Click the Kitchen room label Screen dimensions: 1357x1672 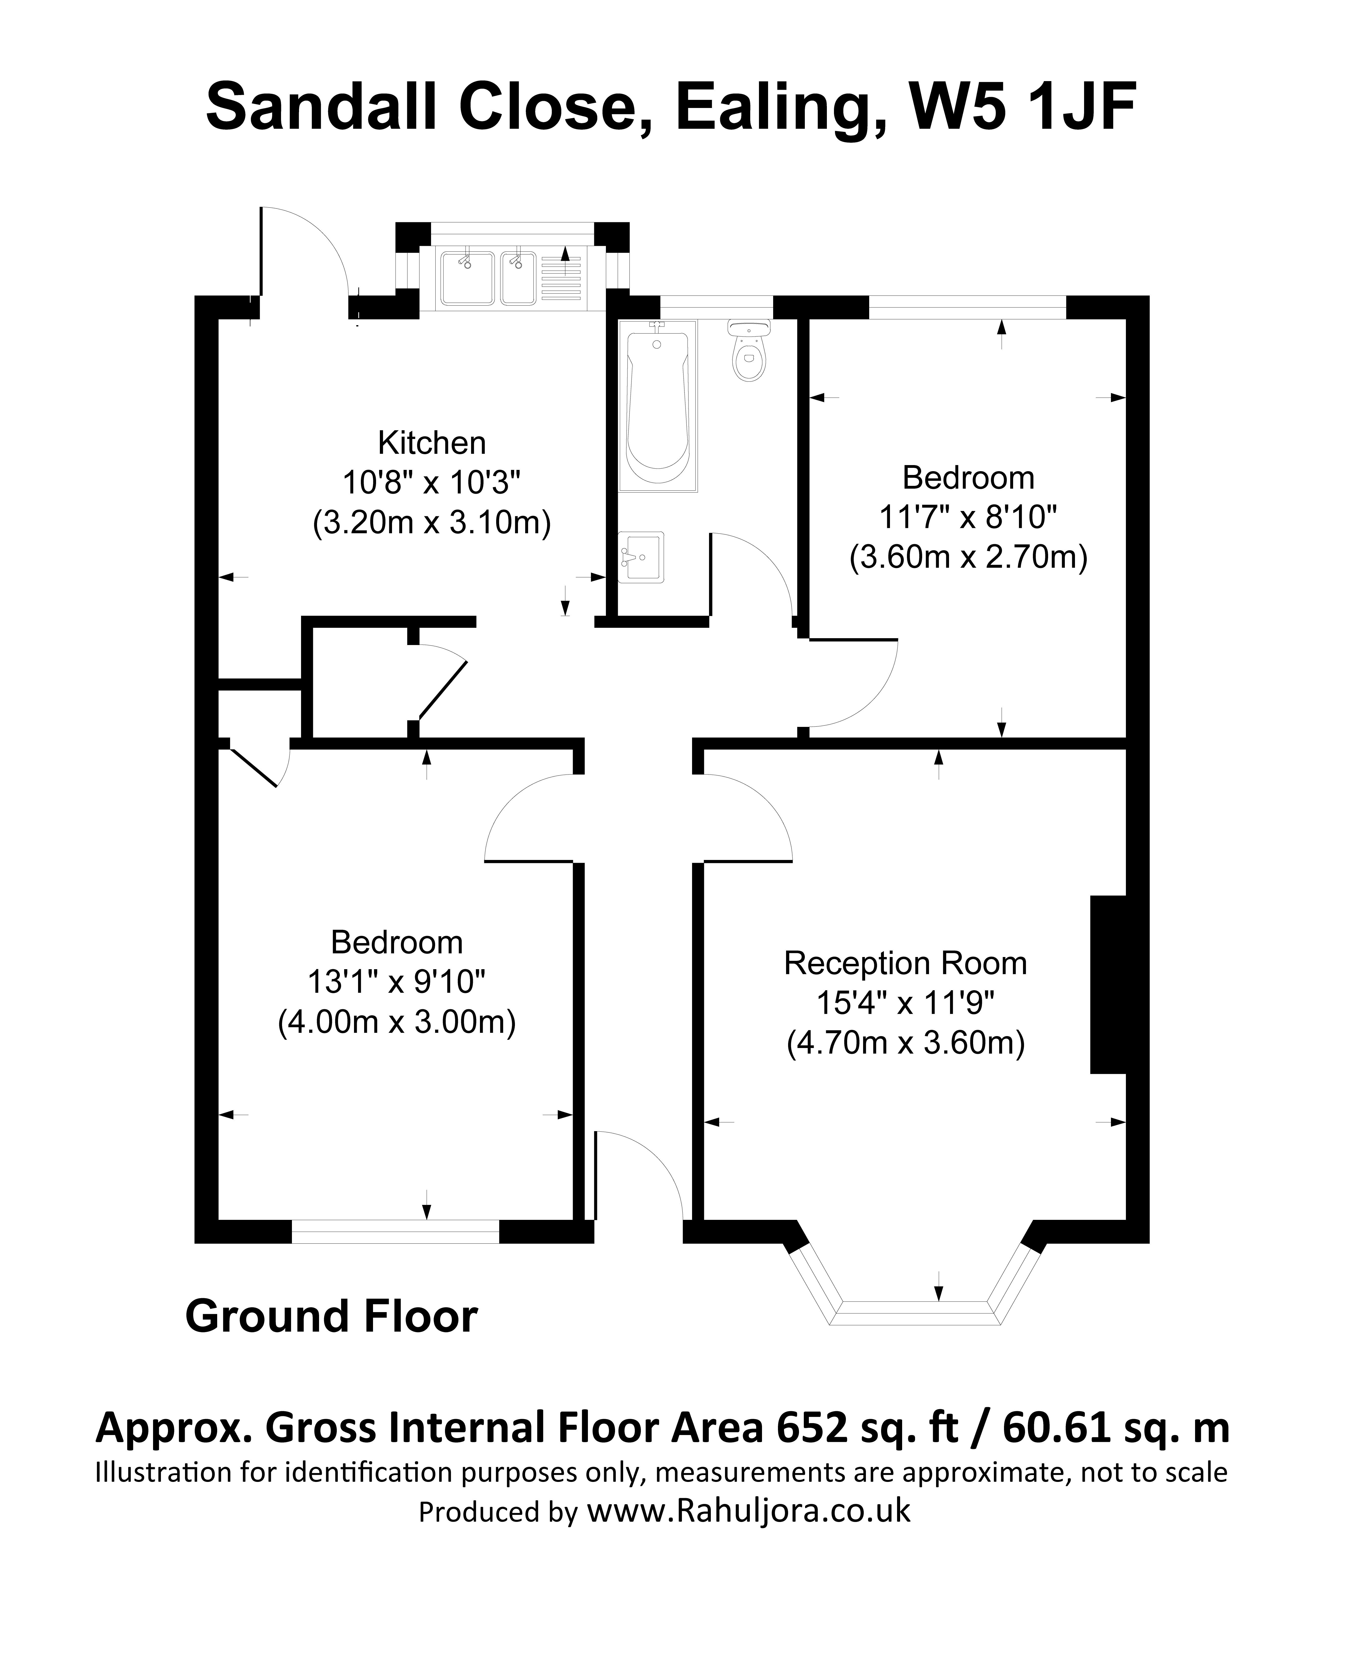432,443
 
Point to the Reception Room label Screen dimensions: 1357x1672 905,963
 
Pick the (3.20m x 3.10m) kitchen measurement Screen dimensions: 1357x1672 432,522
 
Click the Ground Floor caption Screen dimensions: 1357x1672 331,1316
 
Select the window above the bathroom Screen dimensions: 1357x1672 717,306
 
